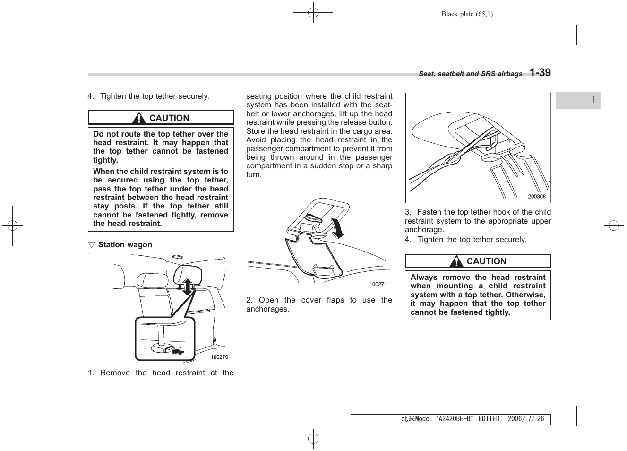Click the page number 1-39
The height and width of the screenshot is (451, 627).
540,73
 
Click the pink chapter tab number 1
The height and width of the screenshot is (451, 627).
593,100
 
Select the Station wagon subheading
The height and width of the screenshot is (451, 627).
125,245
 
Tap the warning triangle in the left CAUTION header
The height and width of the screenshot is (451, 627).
140,118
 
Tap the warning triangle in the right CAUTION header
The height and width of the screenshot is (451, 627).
457,261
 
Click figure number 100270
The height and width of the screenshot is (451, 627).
219,357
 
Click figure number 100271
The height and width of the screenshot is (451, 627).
378,284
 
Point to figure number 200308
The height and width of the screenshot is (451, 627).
536,197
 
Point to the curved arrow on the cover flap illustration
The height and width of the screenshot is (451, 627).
336,230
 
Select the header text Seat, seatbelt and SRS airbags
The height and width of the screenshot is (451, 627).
470,74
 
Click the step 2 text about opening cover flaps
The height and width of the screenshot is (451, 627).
319,304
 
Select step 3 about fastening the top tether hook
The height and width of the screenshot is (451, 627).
478,221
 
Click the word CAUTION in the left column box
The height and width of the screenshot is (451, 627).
169,118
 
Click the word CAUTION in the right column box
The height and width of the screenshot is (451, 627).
486,261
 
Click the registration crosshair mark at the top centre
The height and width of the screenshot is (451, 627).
313,13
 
